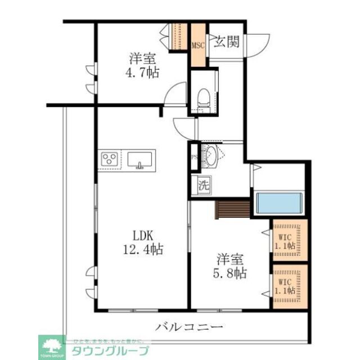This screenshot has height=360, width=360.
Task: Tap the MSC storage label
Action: tap(198, 46)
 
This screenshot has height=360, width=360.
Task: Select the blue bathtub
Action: tap(280, 203)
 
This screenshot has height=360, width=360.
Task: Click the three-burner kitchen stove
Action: tap(109, 159)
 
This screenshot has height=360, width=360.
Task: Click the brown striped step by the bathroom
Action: tap(232, 209)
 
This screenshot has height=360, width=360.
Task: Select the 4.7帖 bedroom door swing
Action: tap(177, 92)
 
